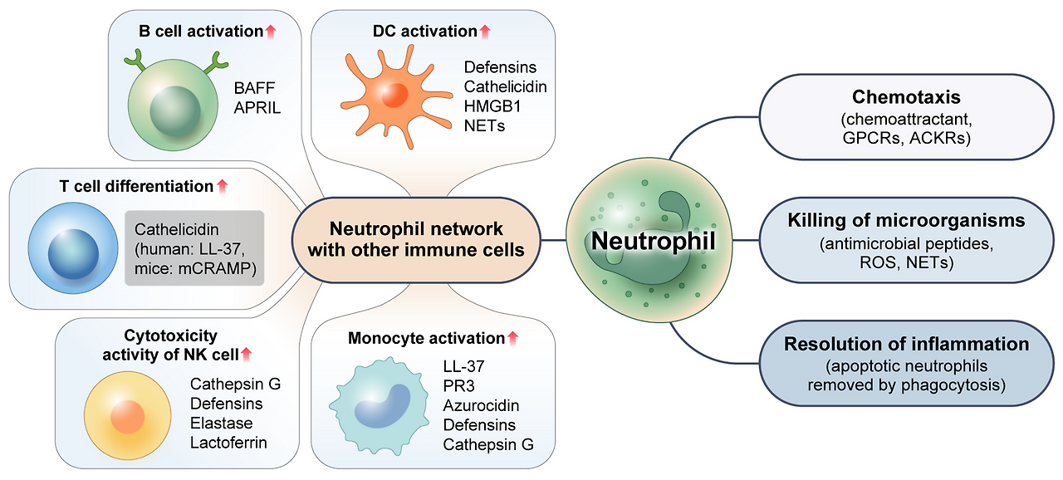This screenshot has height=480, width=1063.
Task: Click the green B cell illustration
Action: click(170, 96)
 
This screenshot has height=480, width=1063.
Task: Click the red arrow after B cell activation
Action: click(270, 32)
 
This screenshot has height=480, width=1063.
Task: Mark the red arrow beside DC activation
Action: click(485, 32)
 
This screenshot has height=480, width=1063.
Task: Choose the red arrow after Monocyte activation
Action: click(512, 338)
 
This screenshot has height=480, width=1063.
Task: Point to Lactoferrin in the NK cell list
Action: click(228, 443)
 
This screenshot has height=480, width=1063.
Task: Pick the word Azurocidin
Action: click(481, 405)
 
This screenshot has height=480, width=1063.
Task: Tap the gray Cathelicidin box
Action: click(194, 248)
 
